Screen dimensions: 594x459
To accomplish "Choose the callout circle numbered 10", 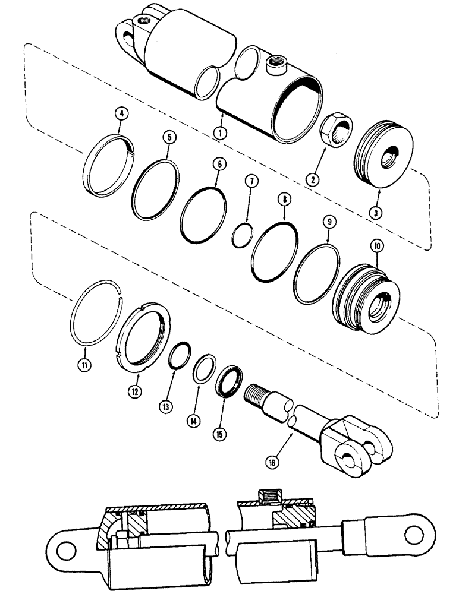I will point(378,245).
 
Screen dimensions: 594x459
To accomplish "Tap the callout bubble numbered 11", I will point(86,365).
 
